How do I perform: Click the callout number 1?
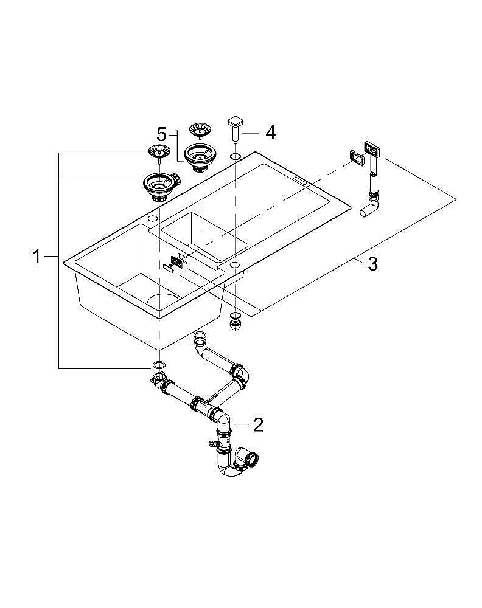[x=37, y=257]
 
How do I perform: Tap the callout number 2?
[x=258, y=424]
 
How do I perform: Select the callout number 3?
[x=372, y=264]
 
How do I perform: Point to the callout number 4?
[x=270, y=132]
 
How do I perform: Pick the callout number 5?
[x=161, y=133]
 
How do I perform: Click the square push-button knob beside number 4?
[x=236, y=123]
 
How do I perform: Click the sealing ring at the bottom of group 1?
[x=158, y=365]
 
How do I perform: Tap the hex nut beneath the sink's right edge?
[x=235, y=325]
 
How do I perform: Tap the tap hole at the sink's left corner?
[x=152, y=218]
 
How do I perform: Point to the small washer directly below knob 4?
[x=235, y=157]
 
